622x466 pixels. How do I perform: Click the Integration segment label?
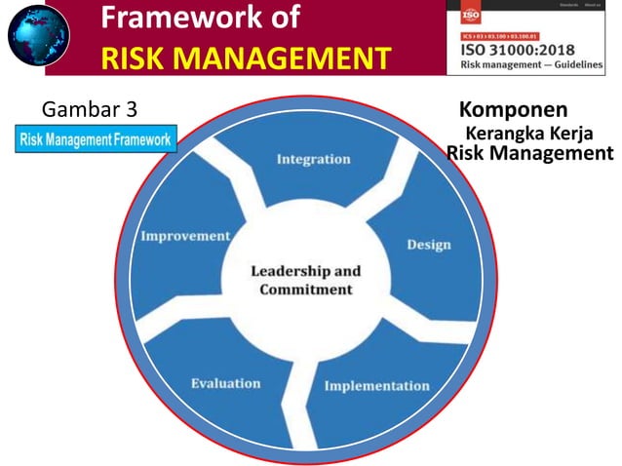[x=313, y=159]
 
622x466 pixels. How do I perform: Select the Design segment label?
[x=428, y=244]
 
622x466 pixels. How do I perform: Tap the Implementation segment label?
[x=375, y=385]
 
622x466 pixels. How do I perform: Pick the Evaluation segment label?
[x=225, y=383]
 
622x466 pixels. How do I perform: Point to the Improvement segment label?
[x=185, y=236]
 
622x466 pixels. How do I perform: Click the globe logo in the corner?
[x=38, y=34]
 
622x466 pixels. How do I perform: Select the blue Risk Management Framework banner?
[x=96, y=139]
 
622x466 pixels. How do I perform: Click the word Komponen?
[x=513, y=108]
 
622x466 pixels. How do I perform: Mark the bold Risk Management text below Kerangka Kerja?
[x=529, y=153]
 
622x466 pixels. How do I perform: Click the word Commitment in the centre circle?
[x=306, y=290]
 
